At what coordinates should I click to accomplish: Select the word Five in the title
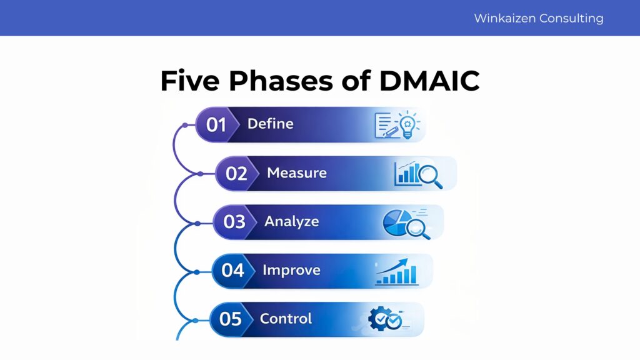[x=189, y=81]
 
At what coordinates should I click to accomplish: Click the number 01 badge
[x=216, y=125]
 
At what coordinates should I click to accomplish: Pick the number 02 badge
[x=236, y=174]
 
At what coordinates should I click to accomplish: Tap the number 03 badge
[x=234, y=222]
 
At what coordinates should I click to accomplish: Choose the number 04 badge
[x=232, y=271]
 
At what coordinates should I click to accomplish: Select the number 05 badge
[x=230, y=319]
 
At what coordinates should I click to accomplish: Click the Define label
[x=270, y=124]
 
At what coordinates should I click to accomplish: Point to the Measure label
[x=296, y=172]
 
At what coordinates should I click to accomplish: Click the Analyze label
[x=291, y=221]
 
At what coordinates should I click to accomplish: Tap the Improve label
[x=291, y=270]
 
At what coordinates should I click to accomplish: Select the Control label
[x=286, y=319]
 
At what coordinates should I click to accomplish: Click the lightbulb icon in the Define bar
[x=408, y=124]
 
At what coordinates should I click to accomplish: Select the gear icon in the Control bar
[x=379, y=319]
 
